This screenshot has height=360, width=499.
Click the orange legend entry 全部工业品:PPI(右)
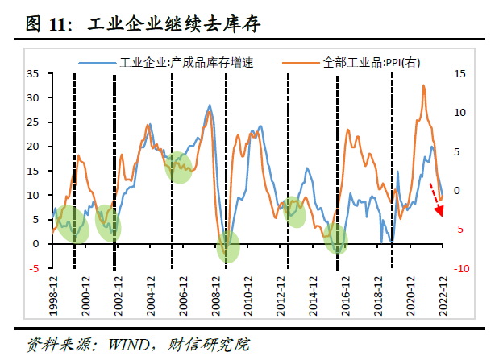point(371,61)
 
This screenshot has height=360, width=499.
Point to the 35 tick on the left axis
point(35,73)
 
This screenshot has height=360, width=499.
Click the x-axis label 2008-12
point(216,295)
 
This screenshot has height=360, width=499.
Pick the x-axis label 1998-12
point(53,295)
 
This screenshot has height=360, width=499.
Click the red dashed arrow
point(435,200)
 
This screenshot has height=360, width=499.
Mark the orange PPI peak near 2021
point(424,85)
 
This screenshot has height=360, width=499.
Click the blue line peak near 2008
point(210,106)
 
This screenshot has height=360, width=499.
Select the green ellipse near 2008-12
point(228,246)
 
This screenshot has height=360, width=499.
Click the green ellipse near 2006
point(180,167)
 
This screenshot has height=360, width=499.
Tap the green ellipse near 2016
point(337,238)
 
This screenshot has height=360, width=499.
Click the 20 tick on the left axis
point(35,147)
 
